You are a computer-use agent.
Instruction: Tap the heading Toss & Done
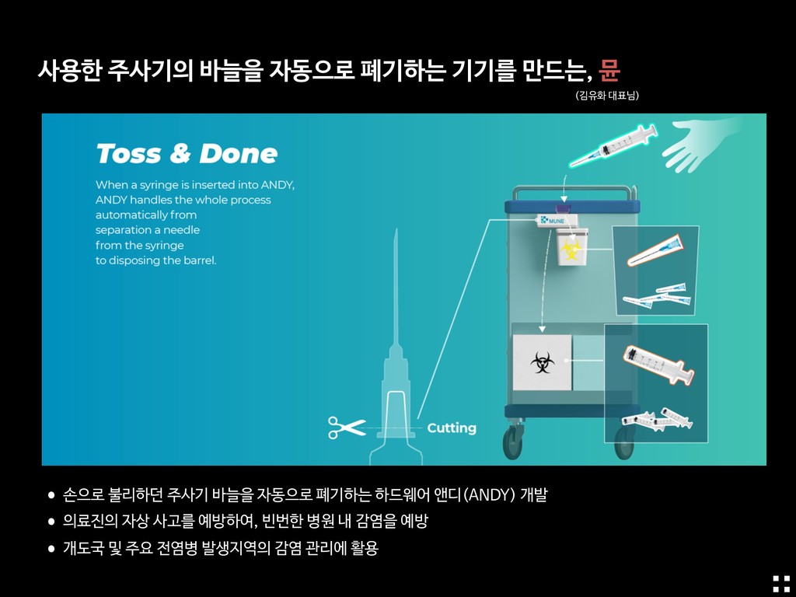(187, 153)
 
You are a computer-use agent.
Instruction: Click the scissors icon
(347, 428)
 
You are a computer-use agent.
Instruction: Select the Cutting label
(452, 428)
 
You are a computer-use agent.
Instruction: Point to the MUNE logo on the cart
(553, 220)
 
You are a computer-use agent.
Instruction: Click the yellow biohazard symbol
(571, 250)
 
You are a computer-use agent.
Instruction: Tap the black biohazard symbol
(542, 362)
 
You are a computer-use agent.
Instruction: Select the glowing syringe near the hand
(613, 145)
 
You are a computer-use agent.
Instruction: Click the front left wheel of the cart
(513, 441)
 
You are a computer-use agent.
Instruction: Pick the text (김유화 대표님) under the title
(607, 96)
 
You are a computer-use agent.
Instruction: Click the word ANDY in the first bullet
(491, 494)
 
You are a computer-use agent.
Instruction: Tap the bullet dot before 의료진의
(51, 522)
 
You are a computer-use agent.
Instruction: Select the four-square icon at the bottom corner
(781, 584)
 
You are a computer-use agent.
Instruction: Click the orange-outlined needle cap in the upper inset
(655, 250)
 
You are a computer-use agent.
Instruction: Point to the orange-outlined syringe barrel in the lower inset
(658, 365)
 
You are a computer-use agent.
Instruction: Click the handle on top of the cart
(574, 192)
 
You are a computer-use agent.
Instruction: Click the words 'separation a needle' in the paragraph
(147, 230)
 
